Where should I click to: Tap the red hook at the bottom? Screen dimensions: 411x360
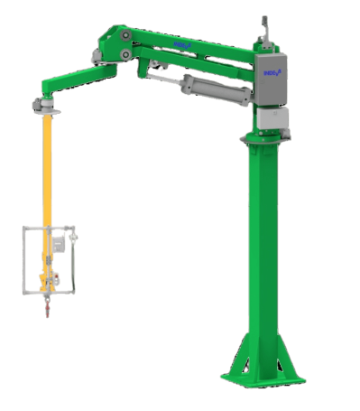click(42, 315)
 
